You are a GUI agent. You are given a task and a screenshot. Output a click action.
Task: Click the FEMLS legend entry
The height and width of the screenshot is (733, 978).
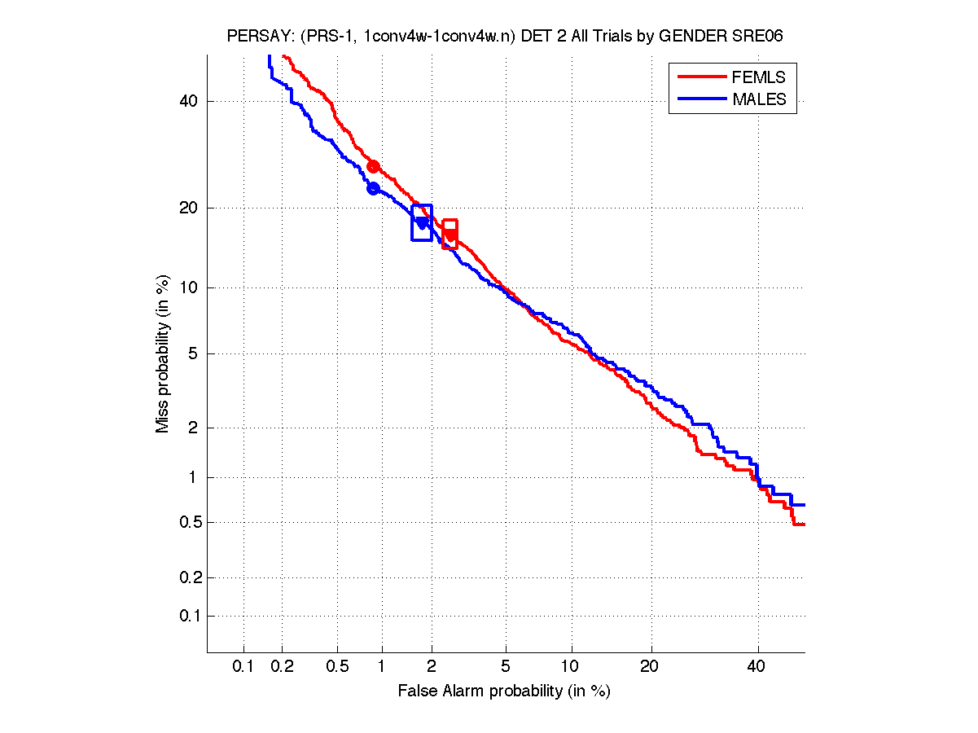coord(759,77)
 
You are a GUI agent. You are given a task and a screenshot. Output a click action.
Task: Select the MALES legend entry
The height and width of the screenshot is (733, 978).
coord(759,99)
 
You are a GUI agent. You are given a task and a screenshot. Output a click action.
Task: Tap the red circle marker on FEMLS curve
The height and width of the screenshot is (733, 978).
coord(374,166)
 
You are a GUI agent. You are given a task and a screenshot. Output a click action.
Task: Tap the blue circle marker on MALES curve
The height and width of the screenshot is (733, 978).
coord(374,188)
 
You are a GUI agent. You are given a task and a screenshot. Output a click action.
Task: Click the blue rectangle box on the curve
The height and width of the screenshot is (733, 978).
coord(422,222)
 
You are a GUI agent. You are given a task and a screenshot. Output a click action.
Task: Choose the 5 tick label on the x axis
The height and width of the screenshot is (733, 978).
coord(506,667)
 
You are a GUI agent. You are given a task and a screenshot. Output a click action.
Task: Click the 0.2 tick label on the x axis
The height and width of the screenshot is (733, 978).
coord(283,667)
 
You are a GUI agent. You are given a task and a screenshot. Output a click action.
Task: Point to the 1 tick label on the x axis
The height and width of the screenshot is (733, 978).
coord(381,667)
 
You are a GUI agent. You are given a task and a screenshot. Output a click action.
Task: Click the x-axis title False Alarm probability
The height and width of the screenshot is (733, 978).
coord(504,691)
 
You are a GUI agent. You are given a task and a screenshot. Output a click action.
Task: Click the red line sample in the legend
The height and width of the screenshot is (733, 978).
coord(701,77)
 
